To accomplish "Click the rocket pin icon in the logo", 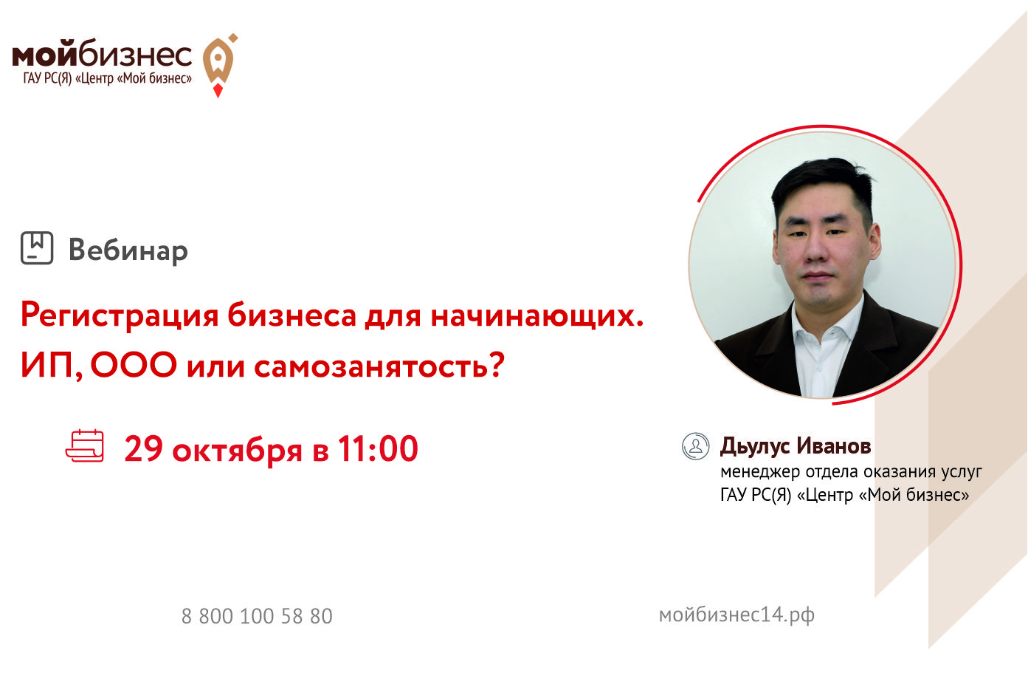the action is pos(219,64).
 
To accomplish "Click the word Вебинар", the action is pos(128,251).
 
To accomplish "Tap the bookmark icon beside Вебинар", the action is pos(37,247).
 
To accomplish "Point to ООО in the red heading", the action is pos(134,365).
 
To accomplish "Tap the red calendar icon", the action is pos(85,445).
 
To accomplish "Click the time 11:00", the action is pos(378,448).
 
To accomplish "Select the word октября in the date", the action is pos(237,451).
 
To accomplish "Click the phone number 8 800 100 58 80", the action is pos(257,616).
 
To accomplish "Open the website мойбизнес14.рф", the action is pos(736,615).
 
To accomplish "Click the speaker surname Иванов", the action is pos(833,445).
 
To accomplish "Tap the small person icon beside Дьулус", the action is pos(696,446).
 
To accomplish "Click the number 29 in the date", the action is pos(143,448).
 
